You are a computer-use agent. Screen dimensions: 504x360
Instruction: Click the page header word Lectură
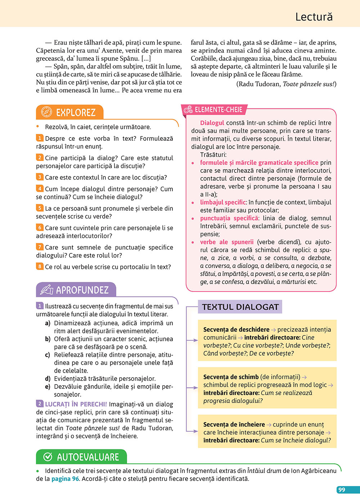(x=314, y=17)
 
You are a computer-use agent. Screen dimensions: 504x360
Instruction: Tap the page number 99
(x=342, y=490)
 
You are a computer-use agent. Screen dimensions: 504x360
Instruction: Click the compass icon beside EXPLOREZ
(x=46, y=112)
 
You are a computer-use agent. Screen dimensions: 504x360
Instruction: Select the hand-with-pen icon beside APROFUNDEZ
(x=46, y=289)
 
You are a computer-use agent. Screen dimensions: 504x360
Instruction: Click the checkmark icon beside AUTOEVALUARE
(x=48, y=457)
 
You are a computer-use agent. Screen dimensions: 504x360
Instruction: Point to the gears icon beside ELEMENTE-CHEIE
(x=188, y=110)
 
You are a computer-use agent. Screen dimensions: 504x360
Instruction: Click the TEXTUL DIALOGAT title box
(x=240, y=307)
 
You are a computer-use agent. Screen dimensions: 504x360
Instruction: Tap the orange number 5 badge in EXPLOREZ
(x=40, y=208)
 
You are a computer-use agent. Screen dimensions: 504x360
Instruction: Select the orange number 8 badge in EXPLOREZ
(x=40, y=266)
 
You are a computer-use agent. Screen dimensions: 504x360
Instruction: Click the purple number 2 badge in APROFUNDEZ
(x=40, y=404)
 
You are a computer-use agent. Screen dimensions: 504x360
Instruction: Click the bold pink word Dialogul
(x=212, y=123)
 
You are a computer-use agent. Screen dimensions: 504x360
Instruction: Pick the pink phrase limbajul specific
(x=223, y=202)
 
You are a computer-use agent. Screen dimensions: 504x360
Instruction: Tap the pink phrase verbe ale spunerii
(x=227, y=242)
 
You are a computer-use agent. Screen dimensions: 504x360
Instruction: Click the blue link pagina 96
(x=65, y=479)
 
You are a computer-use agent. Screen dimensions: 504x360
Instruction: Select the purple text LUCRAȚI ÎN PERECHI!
(x=76, y=404)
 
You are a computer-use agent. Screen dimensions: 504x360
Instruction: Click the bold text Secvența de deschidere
(x=236, y=329)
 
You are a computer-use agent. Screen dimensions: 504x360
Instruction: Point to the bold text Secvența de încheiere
(x=234, y=424)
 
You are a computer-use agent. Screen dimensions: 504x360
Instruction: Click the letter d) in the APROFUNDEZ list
(x=48, y=379)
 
